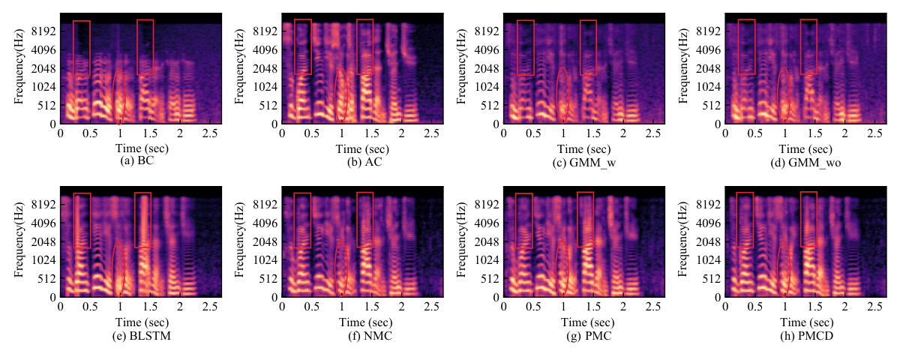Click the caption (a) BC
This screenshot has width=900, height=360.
(x=137, y=160)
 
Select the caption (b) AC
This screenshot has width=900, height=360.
(x=364, y=162)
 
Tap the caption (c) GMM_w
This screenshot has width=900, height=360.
(x=584, y=162)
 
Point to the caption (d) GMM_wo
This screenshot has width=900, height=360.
(x=805, y=162)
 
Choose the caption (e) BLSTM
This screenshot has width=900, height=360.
(x=142, y=335)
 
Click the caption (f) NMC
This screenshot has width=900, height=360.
(x=370, y=335)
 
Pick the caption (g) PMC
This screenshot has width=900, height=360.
(x=589, y=335)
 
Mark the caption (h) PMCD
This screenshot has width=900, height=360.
(x=807, y=335)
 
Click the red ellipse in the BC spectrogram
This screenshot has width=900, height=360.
(x=113, y=97)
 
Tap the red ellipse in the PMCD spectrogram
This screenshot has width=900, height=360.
(x=778, y=268)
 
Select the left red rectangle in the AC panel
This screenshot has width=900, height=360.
(x=295, y=46)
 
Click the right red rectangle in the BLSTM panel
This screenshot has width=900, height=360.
(x=134, y=220)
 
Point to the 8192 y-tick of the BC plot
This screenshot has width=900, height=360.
(x=44, y=31)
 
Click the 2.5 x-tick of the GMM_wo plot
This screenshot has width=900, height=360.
(x=874, y=133)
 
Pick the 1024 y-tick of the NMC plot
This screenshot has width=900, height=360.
(x=265, y=260)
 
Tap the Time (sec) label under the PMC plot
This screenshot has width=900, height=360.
(x=587, y=322)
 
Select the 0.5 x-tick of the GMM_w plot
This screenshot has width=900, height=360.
(x=533, y=133)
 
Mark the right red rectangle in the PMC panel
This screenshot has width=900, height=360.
(x=577, y=219)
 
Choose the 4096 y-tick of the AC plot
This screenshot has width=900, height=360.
(x=265, y=50)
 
